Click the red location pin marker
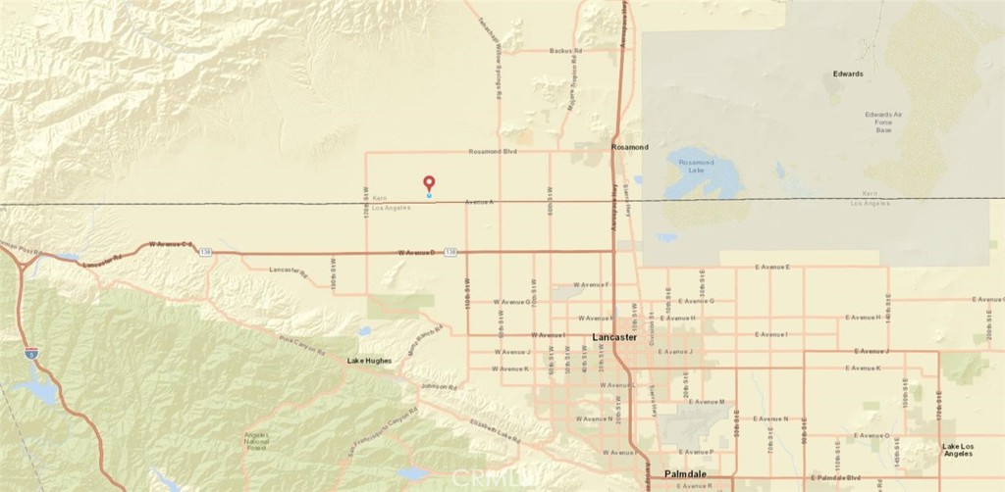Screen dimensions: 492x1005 (x=429, y=183)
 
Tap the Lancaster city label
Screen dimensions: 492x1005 (x=616, y=337)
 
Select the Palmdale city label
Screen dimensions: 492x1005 (x=686, y=474)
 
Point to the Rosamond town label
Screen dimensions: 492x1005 (x=630, y=147)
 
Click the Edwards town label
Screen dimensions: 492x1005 (x=848, y=74)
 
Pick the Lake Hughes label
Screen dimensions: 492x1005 (x=370, y=361)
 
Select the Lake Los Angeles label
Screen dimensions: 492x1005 (x=963, y=450)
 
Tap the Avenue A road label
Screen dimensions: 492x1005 (x=480, y=202)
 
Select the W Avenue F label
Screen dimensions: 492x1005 (x=592, y=285)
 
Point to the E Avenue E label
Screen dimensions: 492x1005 (x=772, y=267)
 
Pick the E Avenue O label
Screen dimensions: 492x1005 (x=873, y=434)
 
